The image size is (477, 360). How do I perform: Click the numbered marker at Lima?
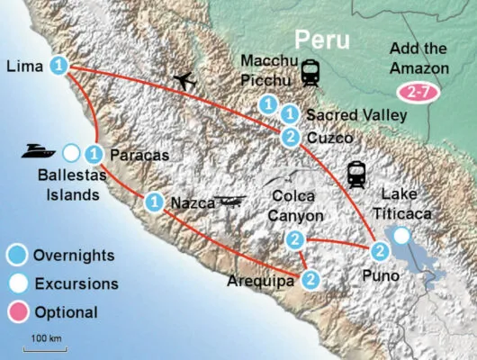click(59, 66)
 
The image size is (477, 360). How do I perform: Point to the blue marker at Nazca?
click(154, 201)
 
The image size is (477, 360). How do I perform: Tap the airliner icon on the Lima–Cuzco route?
click(184, 80)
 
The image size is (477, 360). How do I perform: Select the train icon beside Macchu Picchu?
click(312, 72)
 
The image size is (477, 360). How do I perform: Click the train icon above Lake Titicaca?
click(355, 172)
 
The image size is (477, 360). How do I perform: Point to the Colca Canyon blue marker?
click(294, 239)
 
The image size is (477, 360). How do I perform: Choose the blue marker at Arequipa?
click(310, 279)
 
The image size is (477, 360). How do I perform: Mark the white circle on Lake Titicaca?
click(401, 236)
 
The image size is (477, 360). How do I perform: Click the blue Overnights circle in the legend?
click(15, 255)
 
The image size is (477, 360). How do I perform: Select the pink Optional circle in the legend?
click(15, 312)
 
